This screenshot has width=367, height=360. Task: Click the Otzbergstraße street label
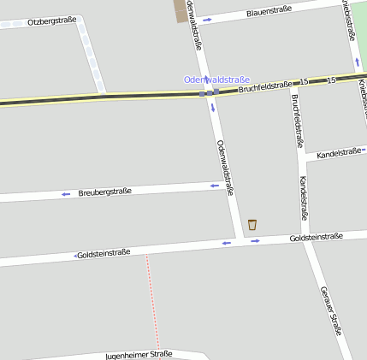click(51, 21)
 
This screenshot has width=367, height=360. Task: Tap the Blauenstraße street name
click(269, 11)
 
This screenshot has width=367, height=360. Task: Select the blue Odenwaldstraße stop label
click(216, 80)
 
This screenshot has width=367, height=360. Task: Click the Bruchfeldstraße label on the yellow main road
click(266, 87)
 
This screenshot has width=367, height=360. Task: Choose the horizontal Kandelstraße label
click(339, 153)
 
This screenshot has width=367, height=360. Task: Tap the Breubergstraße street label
click(104, 192)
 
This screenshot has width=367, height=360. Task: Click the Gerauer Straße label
click(330, 310)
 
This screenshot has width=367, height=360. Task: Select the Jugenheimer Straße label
click(139, 354)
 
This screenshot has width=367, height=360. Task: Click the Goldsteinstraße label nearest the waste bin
click(316, 237)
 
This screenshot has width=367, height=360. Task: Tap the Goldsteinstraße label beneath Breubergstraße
click(104, 253)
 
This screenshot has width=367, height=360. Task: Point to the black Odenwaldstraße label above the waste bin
click(225, 168)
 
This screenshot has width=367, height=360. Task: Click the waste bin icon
click(252, 225)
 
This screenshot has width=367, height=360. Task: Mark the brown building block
click(180, 11)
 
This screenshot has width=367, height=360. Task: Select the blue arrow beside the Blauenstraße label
click(207, 19)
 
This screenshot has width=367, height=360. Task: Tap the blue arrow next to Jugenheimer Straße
click(199, 352)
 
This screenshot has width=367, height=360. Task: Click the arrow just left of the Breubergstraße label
click(66, 194)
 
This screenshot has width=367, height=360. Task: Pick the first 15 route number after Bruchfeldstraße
click(305, 82)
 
